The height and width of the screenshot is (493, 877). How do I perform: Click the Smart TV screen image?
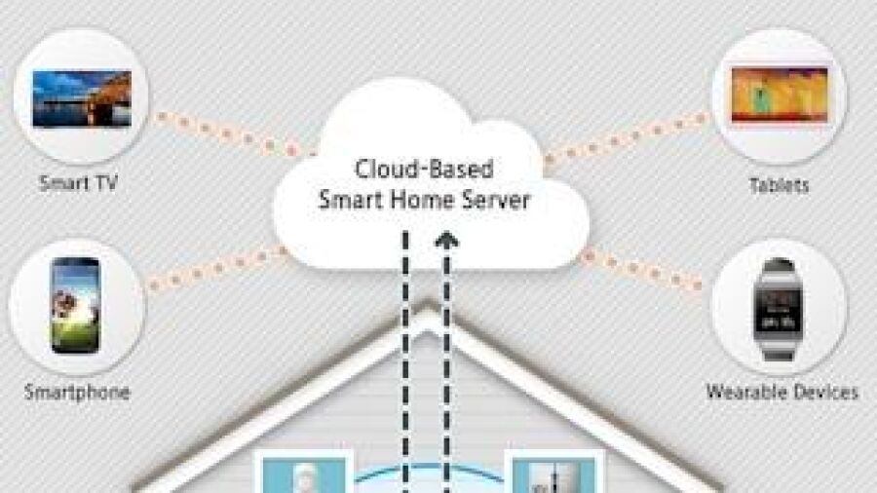82,98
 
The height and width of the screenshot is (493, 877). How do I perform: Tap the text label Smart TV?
78,183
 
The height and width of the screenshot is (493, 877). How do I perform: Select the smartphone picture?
76,305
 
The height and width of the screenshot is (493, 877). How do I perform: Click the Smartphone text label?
77,392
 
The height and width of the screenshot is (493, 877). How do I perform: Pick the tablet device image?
780,95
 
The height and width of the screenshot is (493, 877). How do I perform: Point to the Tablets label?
780,185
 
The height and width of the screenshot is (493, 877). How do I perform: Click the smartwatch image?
778,309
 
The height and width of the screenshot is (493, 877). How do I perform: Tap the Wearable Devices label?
782,392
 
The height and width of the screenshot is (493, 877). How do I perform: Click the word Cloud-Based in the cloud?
425,169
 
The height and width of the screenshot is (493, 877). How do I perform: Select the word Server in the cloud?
494,200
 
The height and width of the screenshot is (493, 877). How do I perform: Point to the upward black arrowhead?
447,241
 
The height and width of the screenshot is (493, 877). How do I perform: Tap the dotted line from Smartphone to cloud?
215,270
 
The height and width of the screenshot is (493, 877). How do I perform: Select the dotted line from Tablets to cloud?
627,138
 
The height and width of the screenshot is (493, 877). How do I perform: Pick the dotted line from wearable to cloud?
641,271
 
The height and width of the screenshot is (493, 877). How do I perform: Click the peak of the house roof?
428,306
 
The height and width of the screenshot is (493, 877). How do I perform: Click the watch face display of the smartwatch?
778,311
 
